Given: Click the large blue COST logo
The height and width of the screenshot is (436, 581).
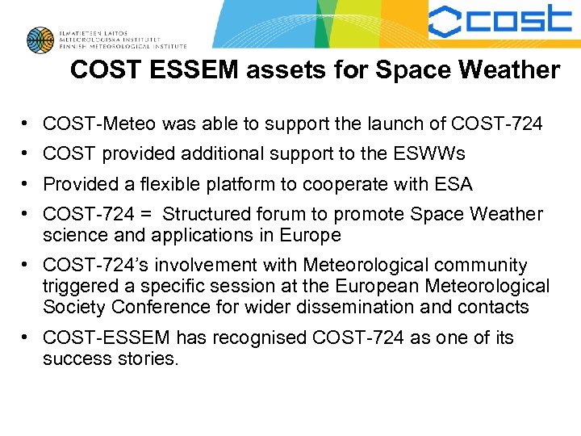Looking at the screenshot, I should pos(499,22).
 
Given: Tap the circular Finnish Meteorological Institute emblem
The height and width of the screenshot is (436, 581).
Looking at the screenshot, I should pos(40,40).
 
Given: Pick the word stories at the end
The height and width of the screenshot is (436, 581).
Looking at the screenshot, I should pos(146,358).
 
